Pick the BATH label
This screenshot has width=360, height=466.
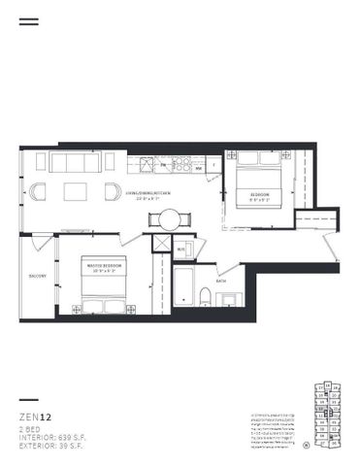(221, 282)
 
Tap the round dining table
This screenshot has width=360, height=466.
(169, 218)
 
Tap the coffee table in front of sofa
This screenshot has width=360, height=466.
(77, 191)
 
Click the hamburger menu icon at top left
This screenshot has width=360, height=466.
(29, 20)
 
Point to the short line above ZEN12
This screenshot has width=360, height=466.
(29, 401)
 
